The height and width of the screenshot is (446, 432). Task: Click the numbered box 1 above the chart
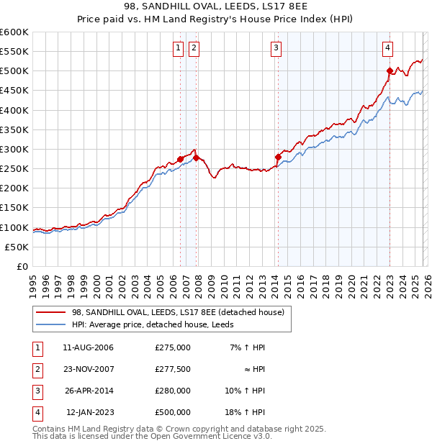pos(178,48)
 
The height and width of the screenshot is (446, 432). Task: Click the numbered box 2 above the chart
pos(194,48)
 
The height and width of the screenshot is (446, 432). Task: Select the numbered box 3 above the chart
pos(276,48)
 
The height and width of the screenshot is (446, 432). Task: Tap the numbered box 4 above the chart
pos(387,48)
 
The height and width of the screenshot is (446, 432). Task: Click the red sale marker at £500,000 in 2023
pos(390,70)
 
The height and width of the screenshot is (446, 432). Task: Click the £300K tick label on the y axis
pos(14,149)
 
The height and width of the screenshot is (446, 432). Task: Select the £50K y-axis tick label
pos(17,247)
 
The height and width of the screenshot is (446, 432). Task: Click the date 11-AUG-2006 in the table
pos(88,347)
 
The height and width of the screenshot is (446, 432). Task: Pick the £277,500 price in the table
pos(172,369)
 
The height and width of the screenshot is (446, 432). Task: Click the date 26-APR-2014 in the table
pos(88,391)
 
